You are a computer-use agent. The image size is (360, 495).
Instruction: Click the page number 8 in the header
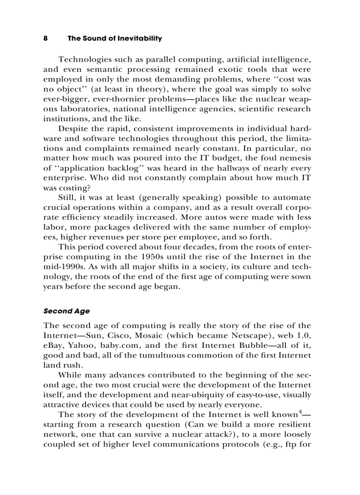[45, 38]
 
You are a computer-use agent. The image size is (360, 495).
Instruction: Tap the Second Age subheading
[66, 311]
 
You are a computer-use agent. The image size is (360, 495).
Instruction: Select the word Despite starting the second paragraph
[73, 129]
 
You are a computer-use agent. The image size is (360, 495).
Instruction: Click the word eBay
[53, 345]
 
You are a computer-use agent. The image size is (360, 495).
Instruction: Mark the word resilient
[292, 424]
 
